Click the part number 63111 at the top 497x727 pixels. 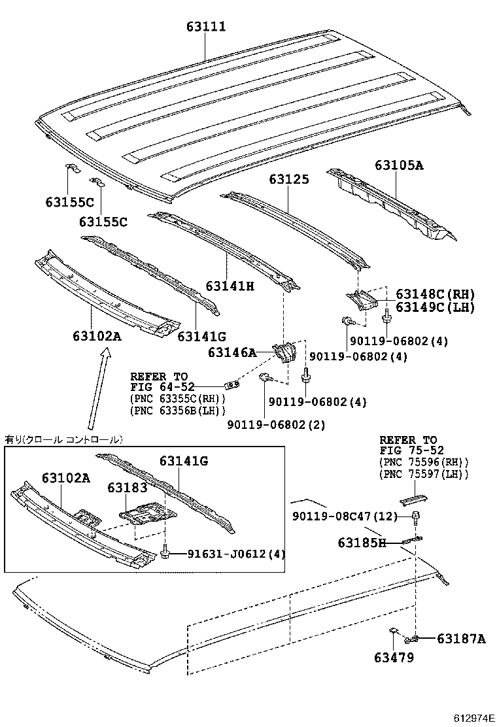(x=205, y=27)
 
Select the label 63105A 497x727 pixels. (x=399, y=165)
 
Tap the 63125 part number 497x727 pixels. (x=288, y=178)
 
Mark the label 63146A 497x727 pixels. (x=232, y=353)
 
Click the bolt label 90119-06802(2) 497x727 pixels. (x=276, y=425)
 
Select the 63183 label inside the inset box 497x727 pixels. (x=128, y=488)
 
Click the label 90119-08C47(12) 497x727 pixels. (x=345, y=516)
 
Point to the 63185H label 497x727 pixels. (x=362, y=542)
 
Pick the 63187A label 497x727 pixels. (x=461, y=639)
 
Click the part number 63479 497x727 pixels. (x=394, y=658)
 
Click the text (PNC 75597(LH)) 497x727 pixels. (x=424, y=474)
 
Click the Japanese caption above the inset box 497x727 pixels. (x=63, y=439)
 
